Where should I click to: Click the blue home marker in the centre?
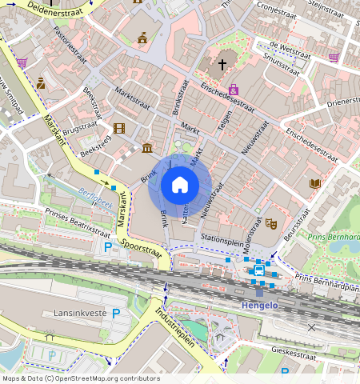[180, 185]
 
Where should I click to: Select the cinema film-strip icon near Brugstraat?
[119, 128]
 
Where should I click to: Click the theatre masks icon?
[270, 226]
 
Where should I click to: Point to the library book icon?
[315, 184]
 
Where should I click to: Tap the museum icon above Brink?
[147, 147]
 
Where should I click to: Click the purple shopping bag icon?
[234, 90]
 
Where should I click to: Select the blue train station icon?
[258, 270]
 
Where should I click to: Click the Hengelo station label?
[259, 305]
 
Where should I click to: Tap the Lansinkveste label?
[79, 313]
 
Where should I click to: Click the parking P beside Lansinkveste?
[116, 313]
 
